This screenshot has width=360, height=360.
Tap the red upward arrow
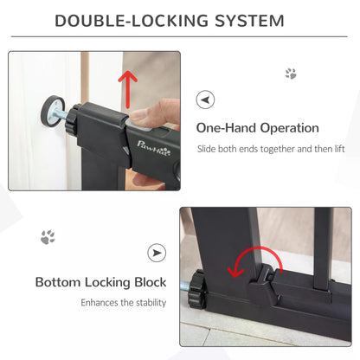coord(128,86)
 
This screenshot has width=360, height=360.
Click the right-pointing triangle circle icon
coord(157,253)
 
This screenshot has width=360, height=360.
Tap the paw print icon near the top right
coord(291,74)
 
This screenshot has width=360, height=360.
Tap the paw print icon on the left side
coord(48,236)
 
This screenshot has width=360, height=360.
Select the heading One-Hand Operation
coord(257,128)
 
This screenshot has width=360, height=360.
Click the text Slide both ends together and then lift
coord(268,149)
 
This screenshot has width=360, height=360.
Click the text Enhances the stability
coord(119,303)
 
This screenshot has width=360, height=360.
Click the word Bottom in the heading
coord(59,282)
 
